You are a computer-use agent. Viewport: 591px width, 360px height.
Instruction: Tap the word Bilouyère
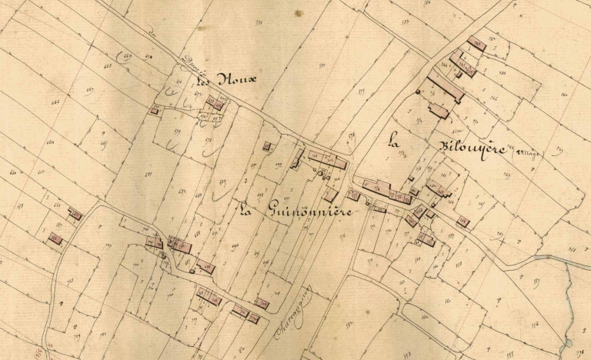[462, 147]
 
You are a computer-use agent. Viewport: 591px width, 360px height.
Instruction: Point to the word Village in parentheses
[529, 152]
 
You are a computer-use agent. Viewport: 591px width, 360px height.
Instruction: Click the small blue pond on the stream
[569, 343]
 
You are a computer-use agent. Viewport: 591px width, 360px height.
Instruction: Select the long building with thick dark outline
[446, 89]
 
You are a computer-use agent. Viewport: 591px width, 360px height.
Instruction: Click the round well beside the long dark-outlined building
[419, 92]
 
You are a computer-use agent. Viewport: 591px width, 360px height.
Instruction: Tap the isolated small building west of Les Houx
[155, 111]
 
